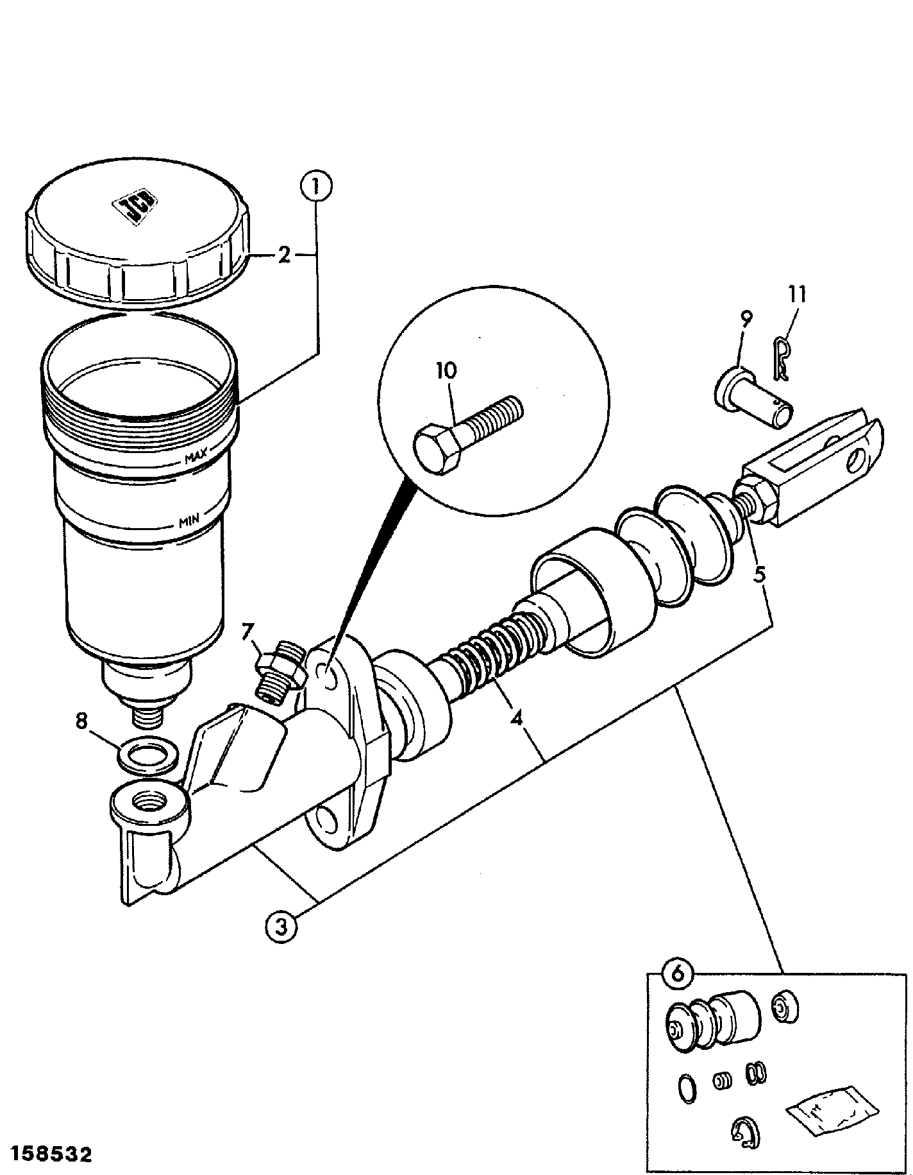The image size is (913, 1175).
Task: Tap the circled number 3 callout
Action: pos(281,926)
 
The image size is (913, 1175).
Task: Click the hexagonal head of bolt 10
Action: pos(437,450)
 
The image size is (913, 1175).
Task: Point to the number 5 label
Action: pos(760,574)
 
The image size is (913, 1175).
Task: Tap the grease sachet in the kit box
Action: pos(832,1111)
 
